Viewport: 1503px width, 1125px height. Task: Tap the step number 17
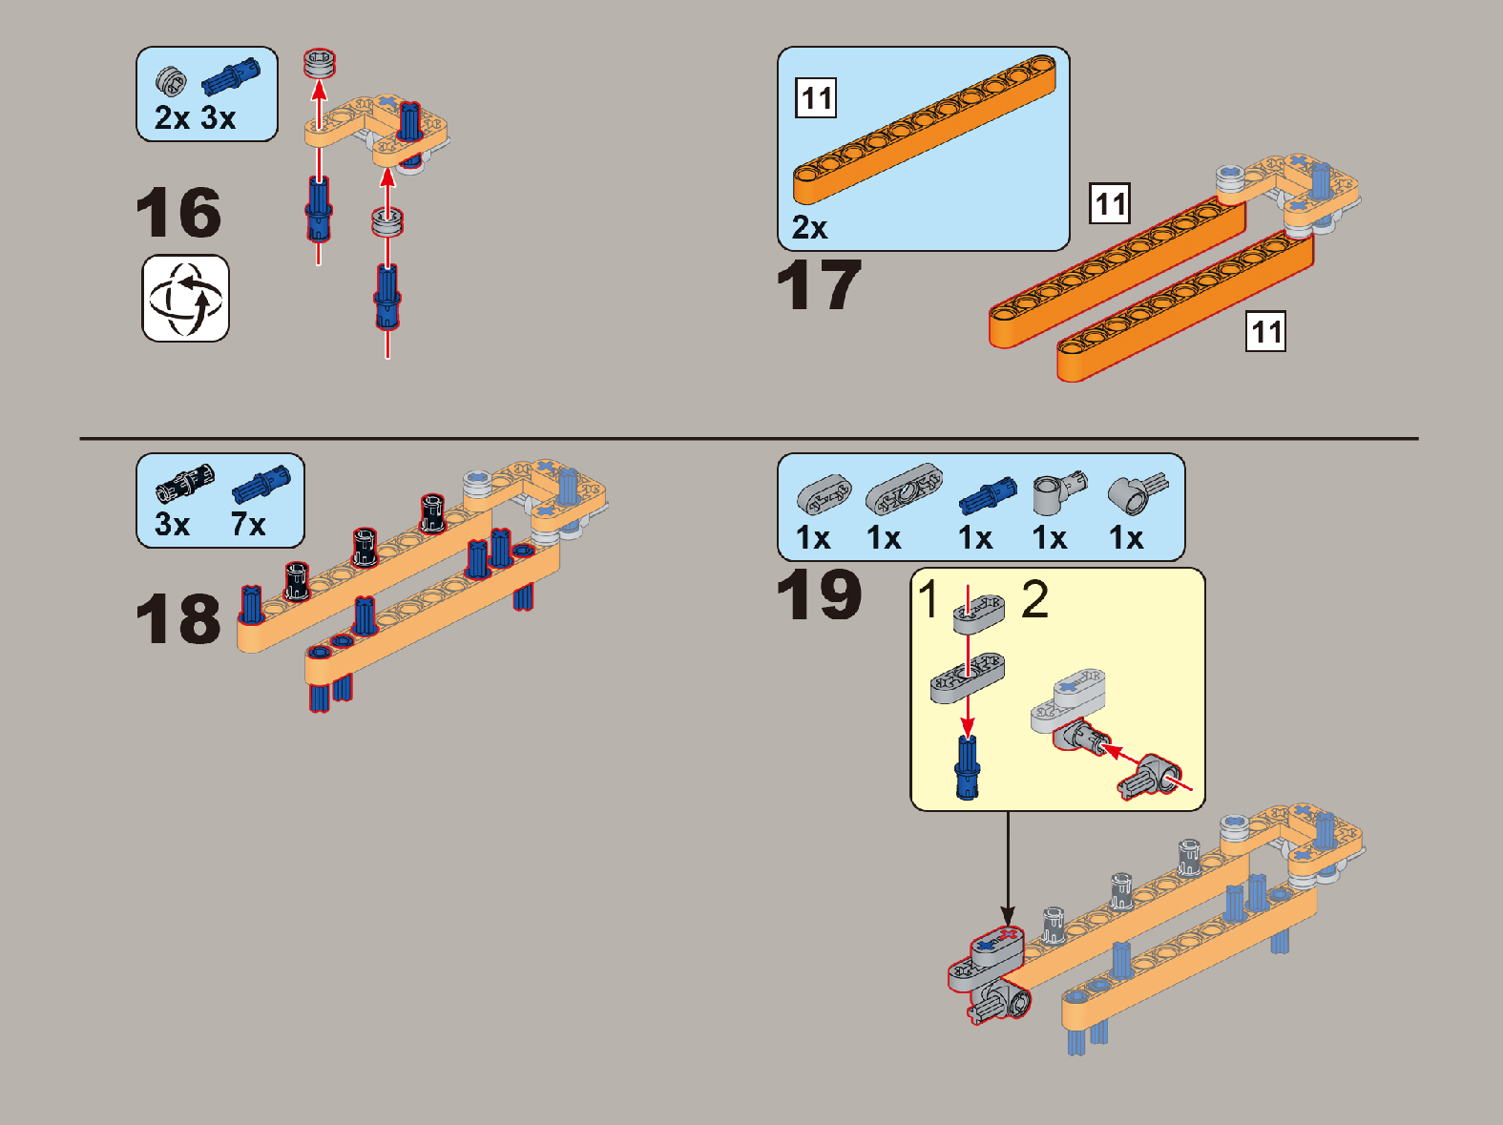point(819,285)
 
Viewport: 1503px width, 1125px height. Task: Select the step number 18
point(178,619)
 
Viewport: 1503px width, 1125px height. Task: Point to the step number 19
point(819,594)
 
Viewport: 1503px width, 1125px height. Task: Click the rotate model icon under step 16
point(185,299)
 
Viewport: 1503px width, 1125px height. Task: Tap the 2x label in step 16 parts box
point(172,117)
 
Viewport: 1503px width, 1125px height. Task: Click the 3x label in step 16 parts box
point(218,117)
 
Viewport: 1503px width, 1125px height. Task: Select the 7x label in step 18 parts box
point(248,525)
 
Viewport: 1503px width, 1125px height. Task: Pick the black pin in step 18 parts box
point(185,480)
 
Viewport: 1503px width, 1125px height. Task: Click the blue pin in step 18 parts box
point(261,484)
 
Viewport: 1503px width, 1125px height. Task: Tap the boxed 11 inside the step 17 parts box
point(816,98)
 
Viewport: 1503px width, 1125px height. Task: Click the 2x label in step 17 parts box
point(809,227)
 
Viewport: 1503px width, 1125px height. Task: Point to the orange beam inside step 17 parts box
point(925,130)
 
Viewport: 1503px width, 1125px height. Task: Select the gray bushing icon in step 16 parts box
point(171,81)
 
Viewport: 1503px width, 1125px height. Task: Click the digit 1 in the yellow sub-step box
point(929,599)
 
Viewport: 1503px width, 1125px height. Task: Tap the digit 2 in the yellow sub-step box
point(1034,599)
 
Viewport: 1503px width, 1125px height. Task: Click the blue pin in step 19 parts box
point(988,496)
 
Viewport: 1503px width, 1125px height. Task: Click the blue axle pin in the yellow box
point(967,767)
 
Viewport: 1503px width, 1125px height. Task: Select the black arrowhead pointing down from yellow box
point(1008,915)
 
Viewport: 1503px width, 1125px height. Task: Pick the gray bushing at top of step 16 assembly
point(319,64)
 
